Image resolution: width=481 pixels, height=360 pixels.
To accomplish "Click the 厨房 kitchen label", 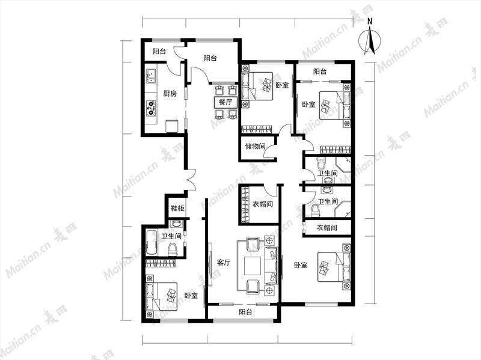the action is click(x=170, y=94).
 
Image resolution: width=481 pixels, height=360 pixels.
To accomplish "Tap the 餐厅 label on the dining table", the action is click(x=225, y=102).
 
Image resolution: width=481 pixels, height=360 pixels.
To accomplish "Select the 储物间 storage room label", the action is click(x=255, y=146).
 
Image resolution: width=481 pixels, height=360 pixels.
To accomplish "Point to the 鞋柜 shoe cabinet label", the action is click(x=177, y=209).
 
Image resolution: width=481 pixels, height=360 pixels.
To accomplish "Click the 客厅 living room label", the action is click(x=224, y=263).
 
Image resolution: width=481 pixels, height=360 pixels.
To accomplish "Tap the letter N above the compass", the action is click(x=370, y=21).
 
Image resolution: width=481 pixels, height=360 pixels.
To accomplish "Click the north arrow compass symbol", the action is click(x=370, y=40).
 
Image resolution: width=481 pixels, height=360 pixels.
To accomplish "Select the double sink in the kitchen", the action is click(x=151, y=77).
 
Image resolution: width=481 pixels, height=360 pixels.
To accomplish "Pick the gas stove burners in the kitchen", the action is click(x=151, y=109).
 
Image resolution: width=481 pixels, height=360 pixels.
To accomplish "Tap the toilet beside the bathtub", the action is click(x=173, y=249).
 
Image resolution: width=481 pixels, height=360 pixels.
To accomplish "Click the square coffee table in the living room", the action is click(x=253, y=266).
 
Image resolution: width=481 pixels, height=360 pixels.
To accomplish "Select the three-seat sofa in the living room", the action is click(x=271, y=265).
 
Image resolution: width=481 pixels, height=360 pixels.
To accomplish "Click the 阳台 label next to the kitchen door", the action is click(x=159, y=52).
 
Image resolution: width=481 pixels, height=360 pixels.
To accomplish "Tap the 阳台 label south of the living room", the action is click(x=245, y=312).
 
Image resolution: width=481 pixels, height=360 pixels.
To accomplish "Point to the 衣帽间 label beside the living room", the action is click(x=263, y=204).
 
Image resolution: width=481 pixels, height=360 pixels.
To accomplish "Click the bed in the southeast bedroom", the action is click(x=334, y=266).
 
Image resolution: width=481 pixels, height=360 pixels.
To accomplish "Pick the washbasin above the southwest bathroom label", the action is click(x=176, y=224).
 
